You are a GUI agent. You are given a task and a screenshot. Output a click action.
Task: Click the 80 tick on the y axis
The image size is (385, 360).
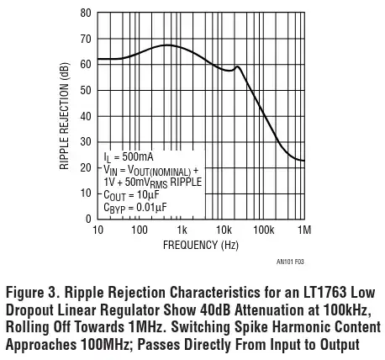[x=86, y=13]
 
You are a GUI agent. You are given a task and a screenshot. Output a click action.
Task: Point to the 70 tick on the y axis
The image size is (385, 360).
[x=86, y=40]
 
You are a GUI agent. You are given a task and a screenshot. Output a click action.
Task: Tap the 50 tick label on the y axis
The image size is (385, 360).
[x=86, y=91]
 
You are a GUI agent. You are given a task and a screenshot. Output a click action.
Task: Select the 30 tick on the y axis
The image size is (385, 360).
[x=86, y=142]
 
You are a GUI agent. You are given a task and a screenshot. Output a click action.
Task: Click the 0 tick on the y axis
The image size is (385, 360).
[x=88, y=219]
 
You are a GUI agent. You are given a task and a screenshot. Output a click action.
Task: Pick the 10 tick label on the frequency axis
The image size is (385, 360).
[x=98, y=230]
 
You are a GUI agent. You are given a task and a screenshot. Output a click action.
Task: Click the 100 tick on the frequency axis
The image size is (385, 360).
[x=140, y=230]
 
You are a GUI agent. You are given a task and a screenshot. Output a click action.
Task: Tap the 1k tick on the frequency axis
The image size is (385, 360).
[x=181, y=230]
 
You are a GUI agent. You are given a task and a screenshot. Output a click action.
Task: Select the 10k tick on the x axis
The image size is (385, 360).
[x=223, y=230]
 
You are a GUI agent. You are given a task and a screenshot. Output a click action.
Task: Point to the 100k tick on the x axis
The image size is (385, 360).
[x=263, y=230]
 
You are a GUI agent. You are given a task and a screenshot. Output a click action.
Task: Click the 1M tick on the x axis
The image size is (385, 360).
[x=304, y=230]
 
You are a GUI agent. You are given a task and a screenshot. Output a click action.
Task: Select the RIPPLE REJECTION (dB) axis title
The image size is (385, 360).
[x=65, y=116]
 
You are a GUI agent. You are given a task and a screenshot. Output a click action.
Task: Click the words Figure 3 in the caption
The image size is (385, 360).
[x=34, y=294]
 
